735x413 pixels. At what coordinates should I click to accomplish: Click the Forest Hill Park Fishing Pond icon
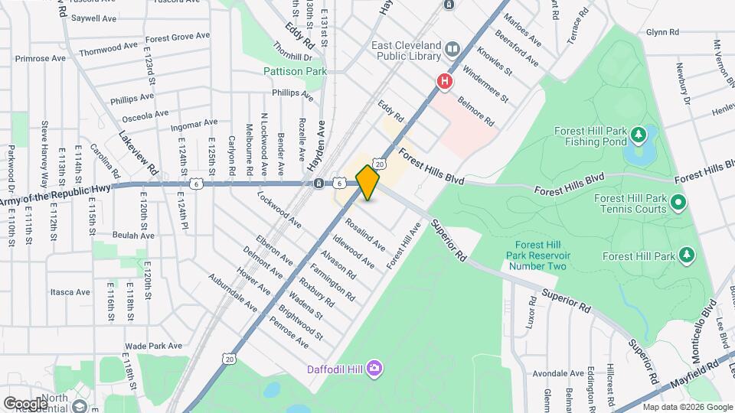[638, 135]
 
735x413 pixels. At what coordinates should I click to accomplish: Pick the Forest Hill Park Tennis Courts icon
[678, 203]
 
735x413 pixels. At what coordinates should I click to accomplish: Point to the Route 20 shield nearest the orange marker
[379, 163]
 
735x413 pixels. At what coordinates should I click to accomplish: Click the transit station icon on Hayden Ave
[318, 183]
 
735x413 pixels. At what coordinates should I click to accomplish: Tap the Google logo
[24, 403]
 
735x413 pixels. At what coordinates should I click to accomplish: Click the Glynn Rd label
[662, 32]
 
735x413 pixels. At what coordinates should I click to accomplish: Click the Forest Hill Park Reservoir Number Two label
[535, 255]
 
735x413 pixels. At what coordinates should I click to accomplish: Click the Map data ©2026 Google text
[686, 407]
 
